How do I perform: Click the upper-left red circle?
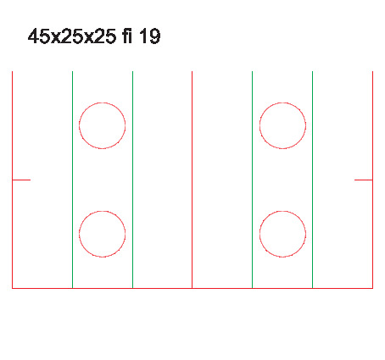[x=79, y=125]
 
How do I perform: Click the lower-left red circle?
[x=79, y=234]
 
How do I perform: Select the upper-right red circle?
[x=259, y=125]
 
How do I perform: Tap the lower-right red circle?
[x=259, y=234]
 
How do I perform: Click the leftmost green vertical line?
[x=73, y=180]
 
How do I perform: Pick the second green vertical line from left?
[x=133, y=180]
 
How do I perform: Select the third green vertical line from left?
[x=253, y=180]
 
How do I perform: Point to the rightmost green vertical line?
[x=313, y=180]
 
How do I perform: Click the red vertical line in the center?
[x=192, y=180]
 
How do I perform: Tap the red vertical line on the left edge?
[x=13, y=180]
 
